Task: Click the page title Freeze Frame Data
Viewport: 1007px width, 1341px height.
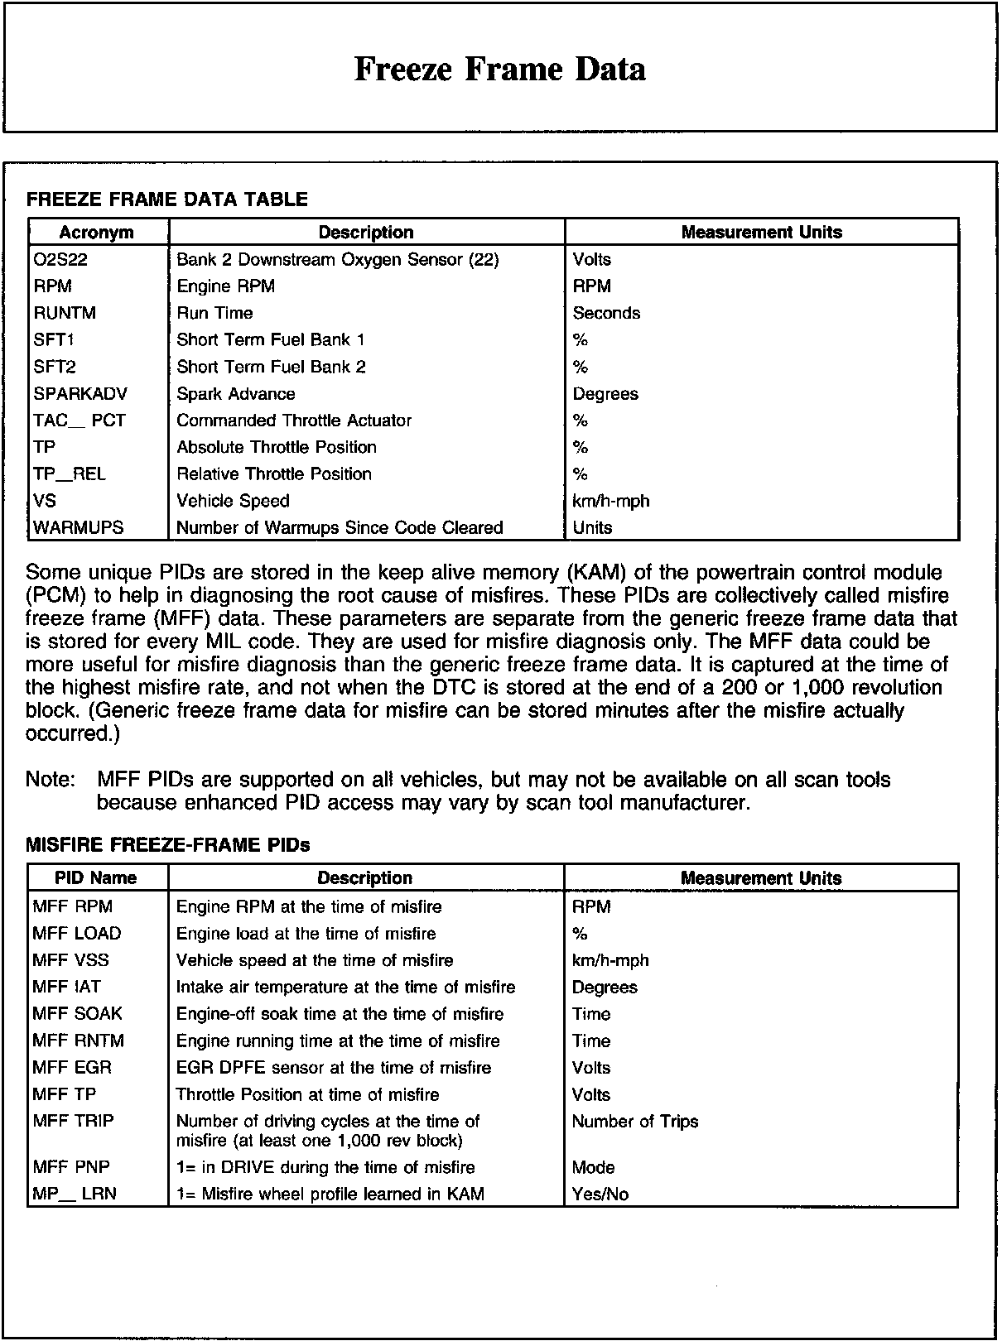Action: point(499,69)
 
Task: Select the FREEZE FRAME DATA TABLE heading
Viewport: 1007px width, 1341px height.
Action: point(167,199)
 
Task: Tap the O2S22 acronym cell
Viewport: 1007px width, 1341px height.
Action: point(60,260)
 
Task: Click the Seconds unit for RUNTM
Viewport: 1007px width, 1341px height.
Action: point(606,313)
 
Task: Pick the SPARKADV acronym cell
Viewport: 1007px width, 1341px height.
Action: point(80,394)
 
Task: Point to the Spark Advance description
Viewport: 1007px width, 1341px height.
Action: point(236,394)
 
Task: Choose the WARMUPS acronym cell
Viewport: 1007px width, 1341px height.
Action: point(78,527)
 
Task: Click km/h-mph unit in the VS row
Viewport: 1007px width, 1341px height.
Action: point(611,501)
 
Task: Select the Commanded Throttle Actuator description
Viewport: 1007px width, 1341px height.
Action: point(294,421)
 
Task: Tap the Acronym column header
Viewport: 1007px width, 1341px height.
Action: point(97,233)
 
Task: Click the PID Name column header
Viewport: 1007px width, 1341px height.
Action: point(96,878)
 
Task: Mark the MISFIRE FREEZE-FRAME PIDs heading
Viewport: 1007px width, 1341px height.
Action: point(168,845)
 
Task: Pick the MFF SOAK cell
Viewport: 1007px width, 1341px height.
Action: point(77,1014)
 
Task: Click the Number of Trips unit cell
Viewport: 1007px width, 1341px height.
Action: point(635,1122)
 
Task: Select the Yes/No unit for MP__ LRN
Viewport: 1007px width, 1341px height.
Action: point(600,1194)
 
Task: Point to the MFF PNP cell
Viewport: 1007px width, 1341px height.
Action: point(71,1167)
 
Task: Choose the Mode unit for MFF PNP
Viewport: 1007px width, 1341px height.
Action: point(593,1167)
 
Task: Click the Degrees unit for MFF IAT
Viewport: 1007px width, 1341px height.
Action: point(605,988)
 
